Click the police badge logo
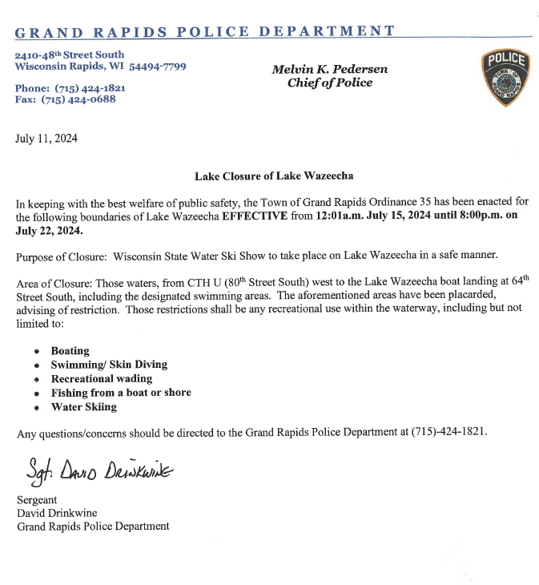point(505,79)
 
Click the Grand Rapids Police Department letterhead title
point(205,32)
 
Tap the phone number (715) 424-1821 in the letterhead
point(81,87)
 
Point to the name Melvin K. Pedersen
point(329,70)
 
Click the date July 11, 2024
point(46,139)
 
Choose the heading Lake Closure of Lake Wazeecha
point(273,175)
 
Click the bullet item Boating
point(70,351)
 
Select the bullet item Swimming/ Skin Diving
point(109,365)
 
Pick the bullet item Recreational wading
point(102,379)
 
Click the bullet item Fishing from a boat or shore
point(121,393)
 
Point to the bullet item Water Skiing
point(84,406)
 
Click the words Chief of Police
point(329,83)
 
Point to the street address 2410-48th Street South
point(70,54)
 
